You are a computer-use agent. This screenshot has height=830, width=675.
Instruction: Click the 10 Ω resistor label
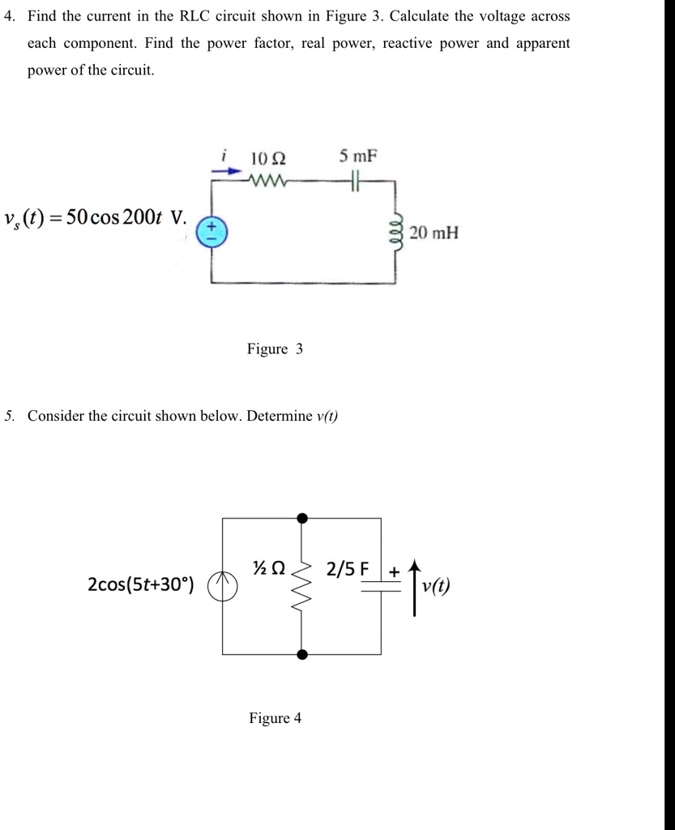point(268,157)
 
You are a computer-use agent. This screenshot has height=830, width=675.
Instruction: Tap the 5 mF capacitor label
point(358,156)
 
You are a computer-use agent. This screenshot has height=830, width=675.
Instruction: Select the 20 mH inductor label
point(434,233)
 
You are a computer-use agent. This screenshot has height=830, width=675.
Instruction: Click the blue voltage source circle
point(213,233)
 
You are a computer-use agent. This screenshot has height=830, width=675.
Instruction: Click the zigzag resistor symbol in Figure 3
point(267,178)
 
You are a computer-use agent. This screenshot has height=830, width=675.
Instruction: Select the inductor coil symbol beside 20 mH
point(396,233)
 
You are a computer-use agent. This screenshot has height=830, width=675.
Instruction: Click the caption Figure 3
point(275,349)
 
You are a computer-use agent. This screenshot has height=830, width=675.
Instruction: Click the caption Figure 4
point(275,718)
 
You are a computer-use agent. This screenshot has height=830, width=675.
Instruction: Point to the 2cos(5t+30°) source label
point(140,585)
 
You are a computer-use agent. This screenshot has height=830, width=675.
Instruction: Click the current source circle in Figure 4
point(223,585)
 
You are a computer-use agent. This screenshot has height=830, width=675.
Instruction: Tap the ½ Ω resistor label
point(268,569)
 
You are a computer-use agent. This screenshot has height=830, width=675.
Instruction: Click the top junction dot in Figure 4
point(302,518)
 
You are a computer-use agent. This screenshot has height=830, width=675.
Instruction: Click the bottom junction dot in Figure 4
point(302,654)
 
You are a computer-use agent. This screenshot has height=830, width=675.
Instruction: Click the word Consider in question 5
point(55,416)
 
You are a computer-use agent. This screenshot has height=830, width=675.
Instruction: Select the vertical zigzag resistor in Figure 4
point(302,585)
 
